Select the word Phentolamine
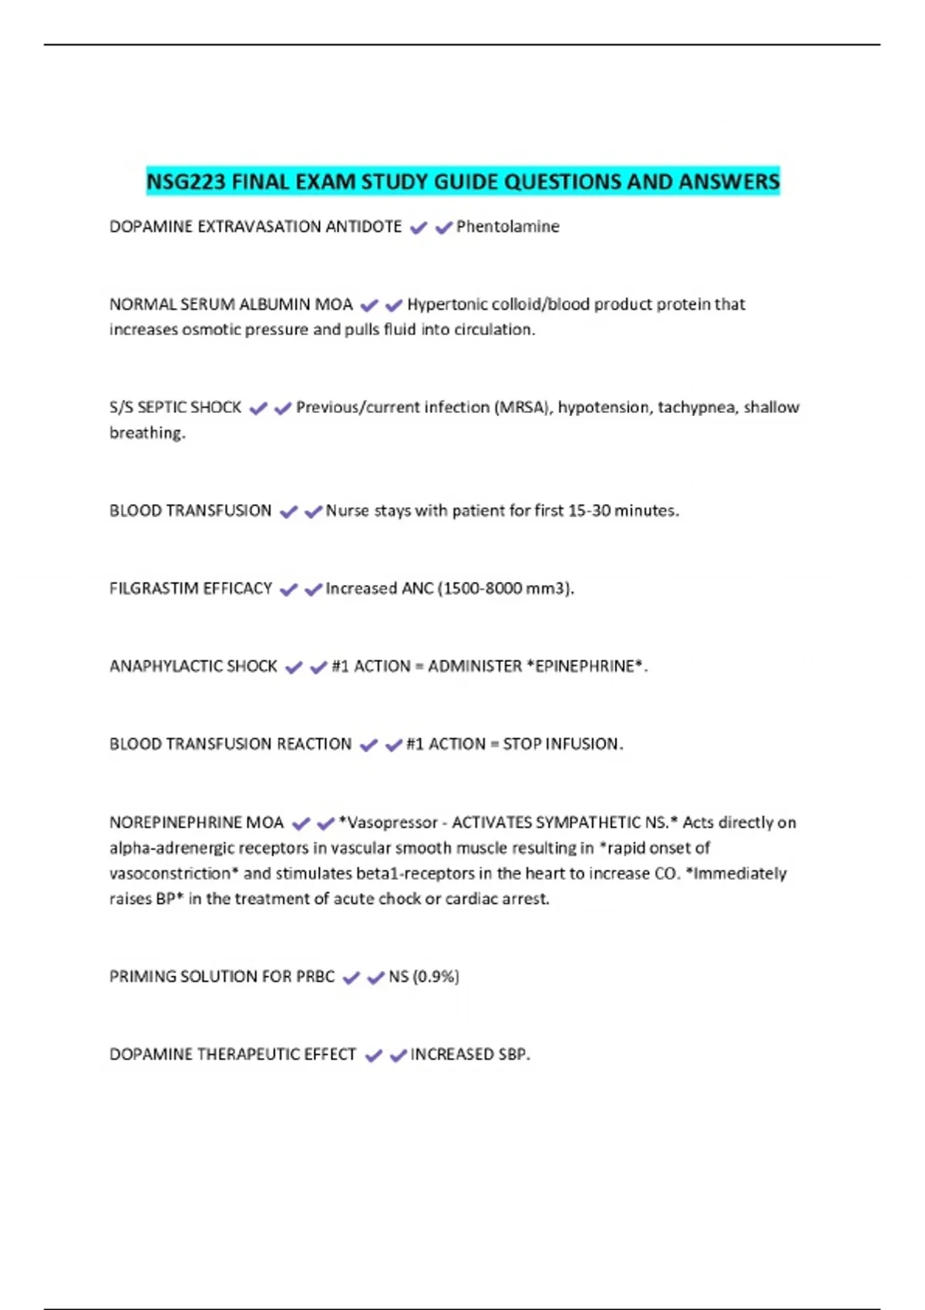coord(508,227)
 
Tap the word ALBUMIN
coord(274,304)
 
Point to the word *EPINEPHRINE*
coord(585,666)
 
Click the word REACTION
coord(314,744)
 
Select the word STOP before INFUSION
coord(522,744)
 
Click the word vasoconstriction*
coord(173,873)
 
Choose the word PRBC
coord(315,976)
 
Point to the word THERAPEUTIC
coord(246,1054)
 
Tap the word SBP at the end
coord(513,1054)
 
